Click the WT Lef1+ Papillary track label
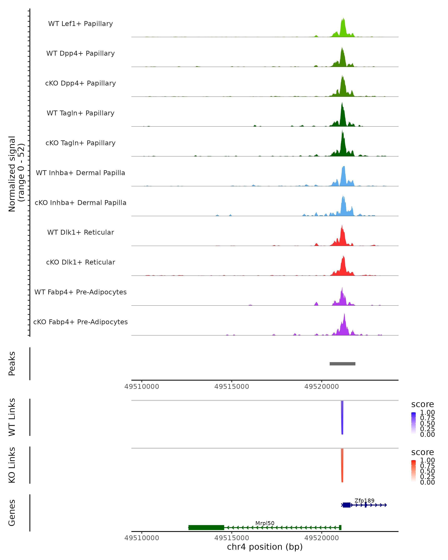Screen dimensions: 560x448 80,24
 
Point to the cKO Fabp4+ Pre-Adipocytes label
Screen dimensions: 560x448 80,322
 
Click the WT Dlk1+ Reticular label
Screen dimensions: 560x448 80,232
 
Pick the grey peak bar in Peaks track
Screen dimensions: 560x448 342,364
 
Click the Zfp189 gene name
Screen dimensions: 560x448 364,500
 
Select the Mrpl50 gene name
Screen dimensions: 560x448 265,523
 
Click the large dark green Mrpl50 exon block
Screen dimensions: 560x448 206,528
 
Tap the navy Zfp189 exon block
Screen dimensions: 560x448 346,505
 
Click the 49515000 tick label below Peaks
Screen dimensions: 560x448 232,387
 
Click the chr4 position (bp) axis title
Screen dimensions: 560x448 265,547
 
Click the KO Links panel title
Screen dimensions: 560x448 12,465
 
